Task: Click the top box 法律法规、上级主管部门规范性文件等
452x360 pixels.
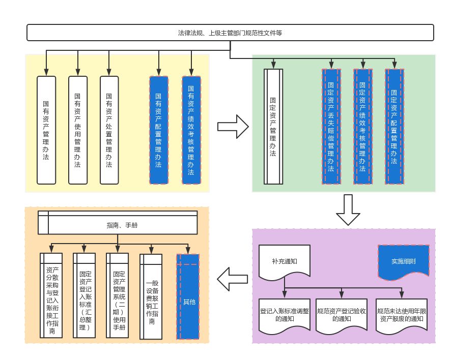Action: (230, 33)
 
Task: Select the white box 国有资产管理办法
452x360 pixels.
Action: (46, 130)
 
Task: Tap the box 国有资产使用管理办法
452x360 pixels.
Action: (78, 130)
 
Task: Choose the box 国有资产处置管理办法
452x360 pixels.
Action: (109, 130)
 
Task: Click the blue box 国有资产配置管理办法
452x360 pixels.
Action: (159, 130)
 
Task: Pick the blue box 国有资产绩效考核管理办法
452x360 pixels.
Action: (191, 130)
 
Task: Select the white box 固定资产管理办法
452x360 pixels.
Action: (273, 127)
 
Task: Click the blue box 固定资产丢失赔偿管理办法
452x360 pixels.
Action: (331, 127)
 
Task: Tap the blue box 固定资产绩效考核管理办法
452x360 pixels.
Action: (362, 127)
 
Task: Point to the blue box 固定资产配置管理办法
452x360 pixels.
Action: (394, 127)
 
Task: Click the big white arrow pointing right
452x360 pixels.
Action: (233, 127)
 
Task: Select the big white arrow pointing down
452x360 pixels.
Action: (348, 209)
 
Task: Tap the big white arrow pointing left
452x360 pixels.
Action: (233, 279)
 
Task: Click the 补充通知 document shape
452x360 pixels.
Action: (285, 261)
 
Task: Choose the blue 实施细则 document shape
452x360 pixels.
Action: (403, 261)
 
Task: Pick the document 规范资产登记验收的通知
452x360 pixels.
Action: (342, 315)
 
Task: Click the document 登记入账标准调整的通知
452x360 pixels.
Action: (285, 315)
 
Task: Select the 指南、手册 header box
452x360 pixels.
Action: (118, 225)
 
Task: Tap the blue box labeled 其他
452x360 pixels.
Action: (188, 296)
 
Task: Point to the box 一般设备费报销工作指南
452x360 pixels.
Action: (151, 296)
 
